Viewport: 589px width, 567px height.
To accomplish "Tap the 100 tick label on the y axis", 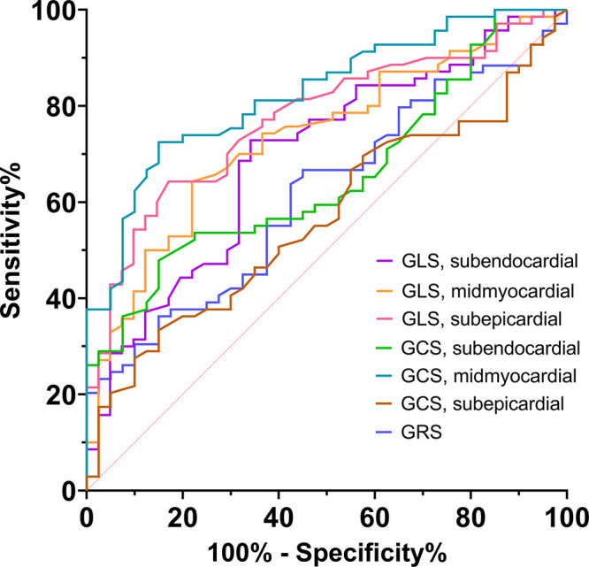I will (54, 11).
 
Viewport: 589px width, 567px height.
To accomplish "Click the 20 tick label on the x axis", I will (182, 514).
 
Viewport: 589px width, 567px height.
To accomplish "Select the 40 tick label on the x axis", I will (279, 514).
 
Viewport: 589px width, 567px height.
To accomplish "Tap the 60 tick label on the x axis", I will (374, 514).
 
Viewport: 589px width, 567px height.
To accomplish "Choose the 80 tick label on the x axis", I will (470, 514).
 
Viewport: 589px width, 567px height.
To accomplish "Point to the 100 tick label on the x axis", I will (564, 514).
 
